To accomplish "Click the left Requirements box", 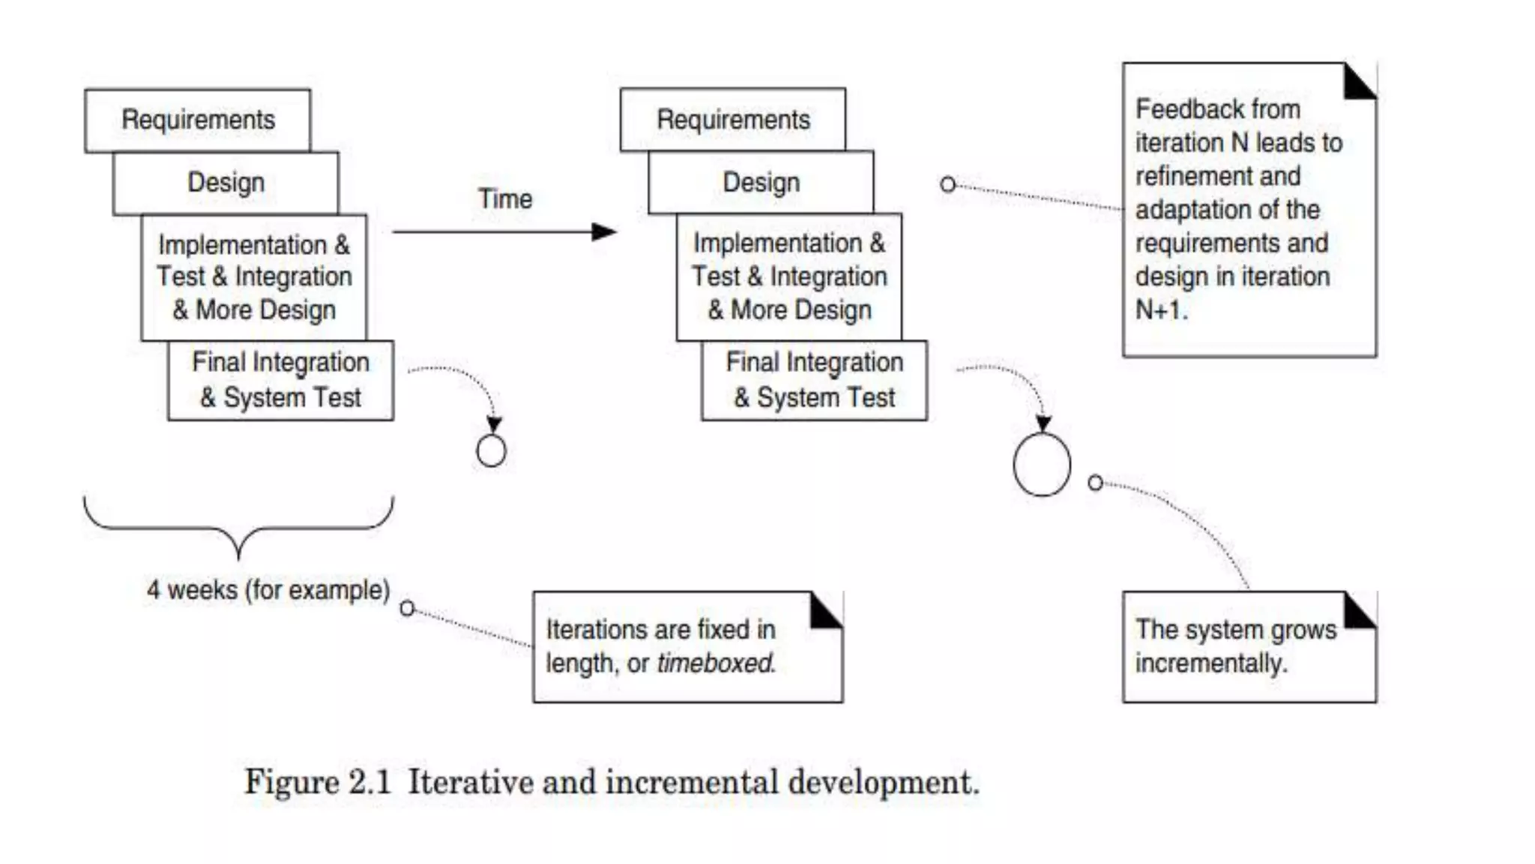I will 198,120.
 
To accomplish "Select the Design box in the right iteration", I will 761,182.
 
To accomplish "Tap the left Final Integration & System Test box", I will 280,380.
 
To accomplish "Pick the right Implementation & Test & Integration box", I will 789,277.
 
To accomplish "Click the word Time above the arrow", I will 505,199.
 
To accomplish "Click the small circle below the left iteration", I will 491,451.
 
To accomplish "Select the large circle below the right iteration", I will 1042,464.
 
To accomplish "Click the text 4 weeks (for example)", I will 268,590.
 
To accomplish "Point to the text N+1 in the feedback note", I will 1160,310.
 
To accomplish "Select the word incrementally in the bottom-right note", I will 1210,663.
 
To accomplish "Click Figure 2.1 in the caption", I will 318,782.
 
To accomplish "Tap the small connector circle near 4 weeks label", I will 407,608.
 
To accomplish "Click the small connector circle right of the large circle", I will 1095,483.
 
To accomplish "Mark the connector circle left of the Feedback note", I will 947,184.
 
